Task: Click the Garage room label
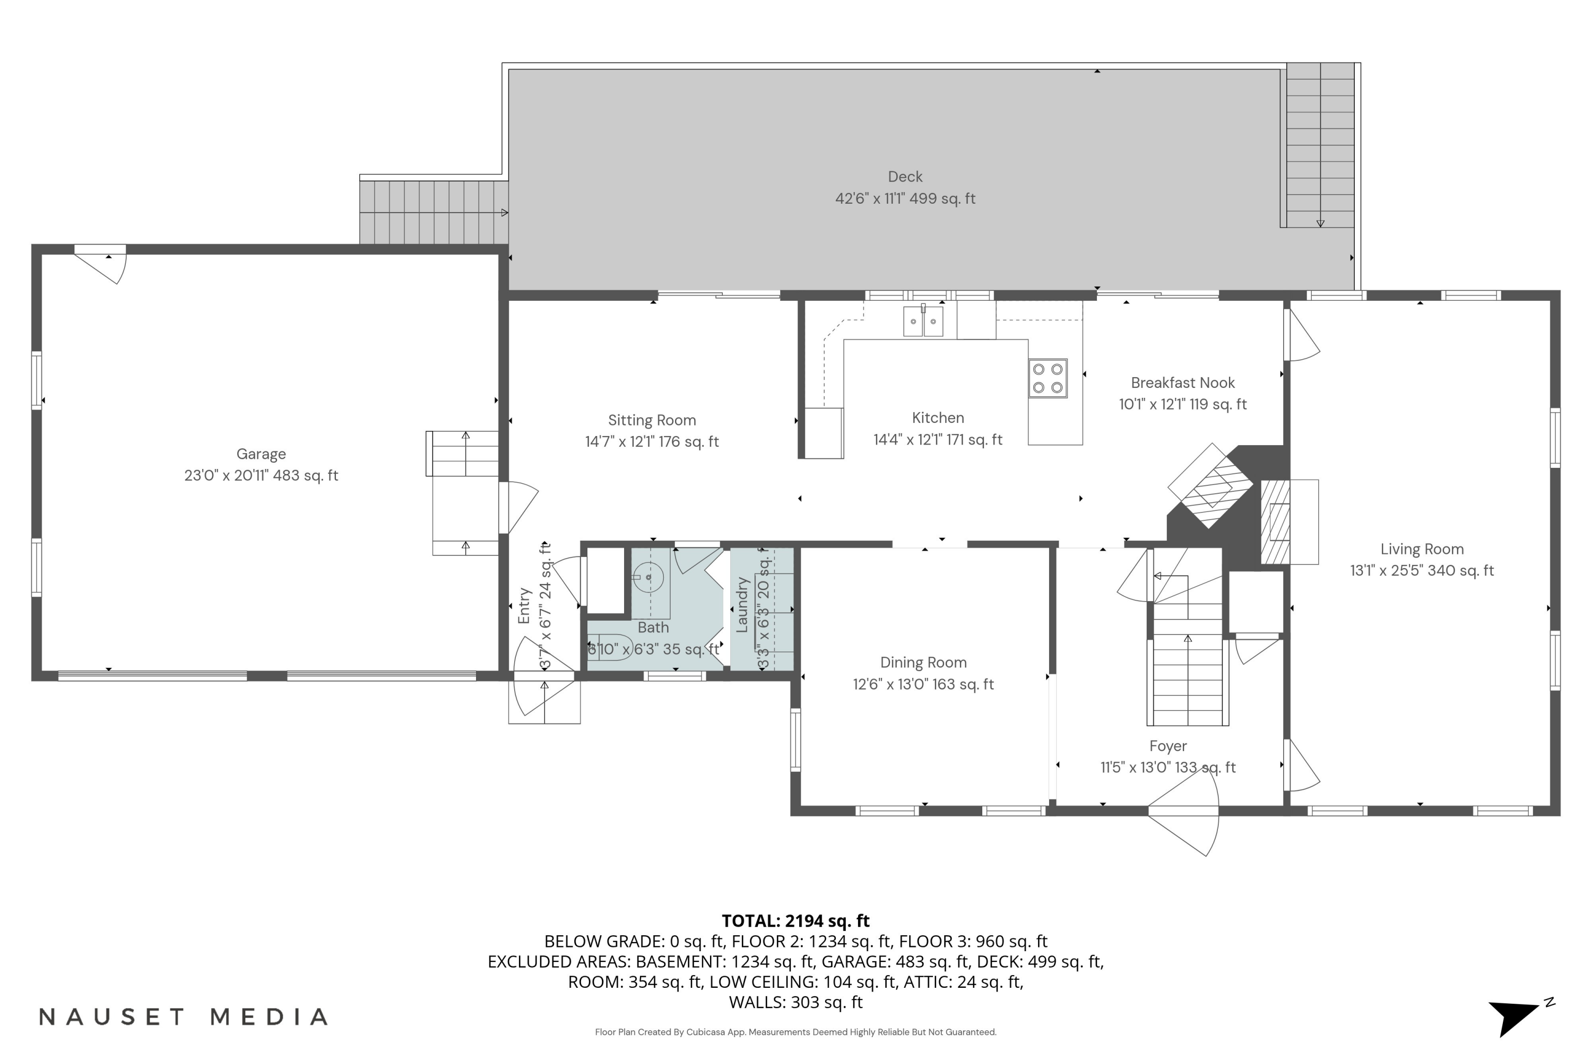click(x=261, y=454)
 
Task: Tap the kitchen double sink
click(x=923, y=321)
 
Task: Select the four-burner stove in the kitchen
click(x=1047, y=378)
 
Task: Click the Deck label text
click(x=905, y=177)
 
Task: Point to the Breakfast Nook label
click(x=1182, y=383)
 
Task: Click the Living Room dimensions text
click(x=1422, y=570)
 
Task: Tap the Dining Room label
click(x=923, y=663)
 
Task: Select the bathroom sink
click(x=648, y=577)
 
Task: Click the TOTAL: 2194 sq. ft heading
click(x=795, y=921)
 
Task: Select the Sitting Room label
click(x=652, y=420)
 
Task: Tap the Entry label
click(x=524, y=606)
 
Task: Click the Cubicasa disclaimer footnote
click(x=795, y=1032)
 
